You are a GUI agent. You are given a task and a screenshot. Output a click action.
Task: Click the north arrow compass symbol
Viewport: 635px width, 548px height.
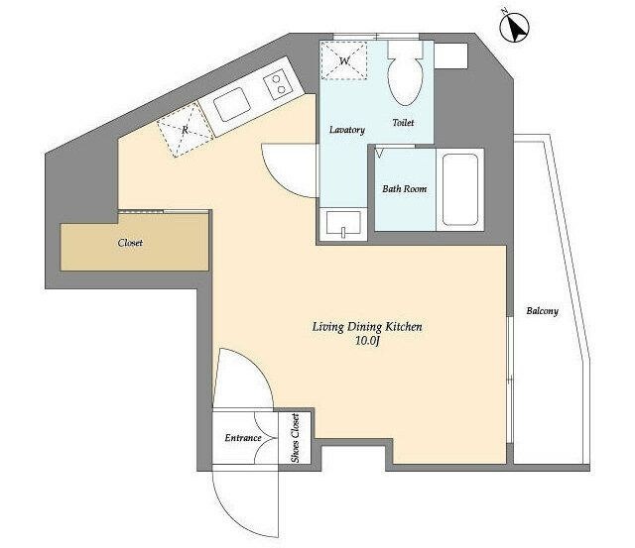click(x=514, y=27)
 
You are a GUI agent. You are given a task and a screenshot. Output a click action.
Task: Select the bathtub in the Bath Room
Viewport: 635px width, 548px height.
click(x=460, y=189)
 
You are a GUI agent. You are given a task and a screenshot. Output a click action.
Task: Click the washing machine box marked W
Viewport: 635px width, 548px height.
click(x=344, y=60)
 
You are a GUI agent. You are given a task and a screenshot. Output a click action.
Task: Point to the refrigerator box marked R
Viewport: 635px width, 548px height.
click(x=186, y=130)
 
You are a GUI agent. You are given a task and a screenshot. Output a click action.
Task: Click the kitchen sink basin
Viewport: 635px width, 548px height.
click(x=231, y=105)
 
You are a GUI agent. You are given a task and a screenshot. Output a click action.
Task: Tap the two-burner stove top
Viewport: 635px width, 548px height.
click(x=279, y=84)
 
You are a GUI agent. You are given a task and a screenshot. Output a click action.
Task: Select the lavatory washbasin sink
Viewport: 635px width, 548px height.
click(x=343, y=224)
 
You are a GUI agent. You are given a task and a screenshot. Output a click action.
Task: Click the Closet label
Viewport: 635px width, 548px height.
click(x=130, y=243)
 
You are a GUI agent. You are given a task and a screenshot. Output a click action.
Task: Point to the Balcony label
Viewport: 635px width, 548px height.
click(x=543, y=310)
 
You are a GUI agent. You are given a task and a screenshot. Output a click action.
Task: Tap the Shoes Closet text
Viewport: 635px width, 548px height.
click(x=296, y=438)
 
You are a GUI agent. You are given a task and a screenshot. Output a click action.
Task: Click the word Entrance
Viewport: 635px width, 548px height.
click(x=243, y=438)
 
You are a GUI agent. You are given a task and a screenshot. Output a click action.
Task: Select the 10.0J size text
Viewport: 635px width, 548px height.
click(x=367, y=341)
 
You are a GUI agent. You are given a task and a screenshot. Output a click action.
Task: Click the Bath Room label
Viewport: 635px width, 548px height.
click(x=404, y=188)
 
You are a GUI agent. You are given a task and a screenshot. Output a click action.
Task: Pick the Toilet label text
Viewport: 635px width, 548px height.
click(x=403, y=122)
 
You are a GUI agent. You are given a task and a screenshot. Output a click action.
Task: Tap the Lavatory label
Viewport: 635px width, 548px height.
click(x=347, y=130)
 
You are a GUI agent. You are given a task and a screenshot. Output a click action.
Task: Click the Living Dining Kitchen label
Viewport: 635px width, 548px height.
click(x=367, y=327)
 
